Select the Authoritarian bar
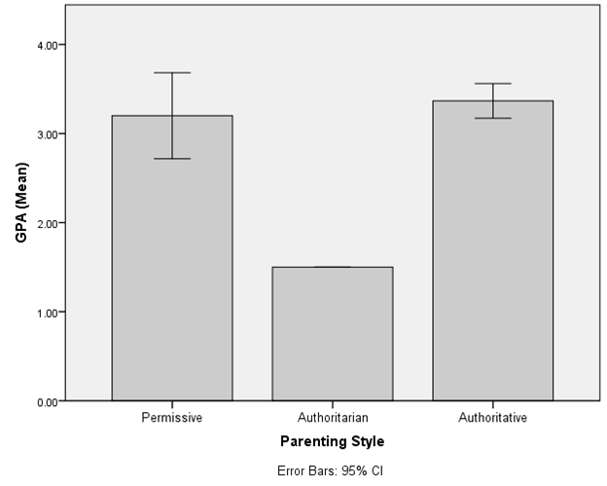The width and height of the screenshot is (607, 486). (x=333, y=334)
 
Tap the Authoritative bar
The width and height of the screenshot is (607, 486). (x=493, y=251)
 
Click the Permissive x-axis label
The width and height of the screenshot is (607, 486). (x=172, y=418)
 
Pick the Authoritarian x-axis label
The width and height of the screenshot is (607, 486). (x=333, y=418)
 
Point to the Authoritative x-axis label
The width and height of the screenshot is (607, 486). (x=493, y=418)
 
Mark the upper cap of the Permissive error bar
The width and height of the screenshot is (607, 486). (x=172, y=73)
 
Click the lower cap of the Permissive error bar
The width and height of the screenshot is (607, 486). (x=172, y=159)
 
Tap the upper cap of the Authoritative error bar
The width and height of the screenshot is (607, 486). (x=493, y=84)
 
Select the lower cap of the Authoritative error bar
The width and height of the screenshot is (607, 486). (x=493, y=119)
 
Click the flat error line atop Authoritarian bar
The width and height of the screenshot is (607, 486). (x=333, y=267)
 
